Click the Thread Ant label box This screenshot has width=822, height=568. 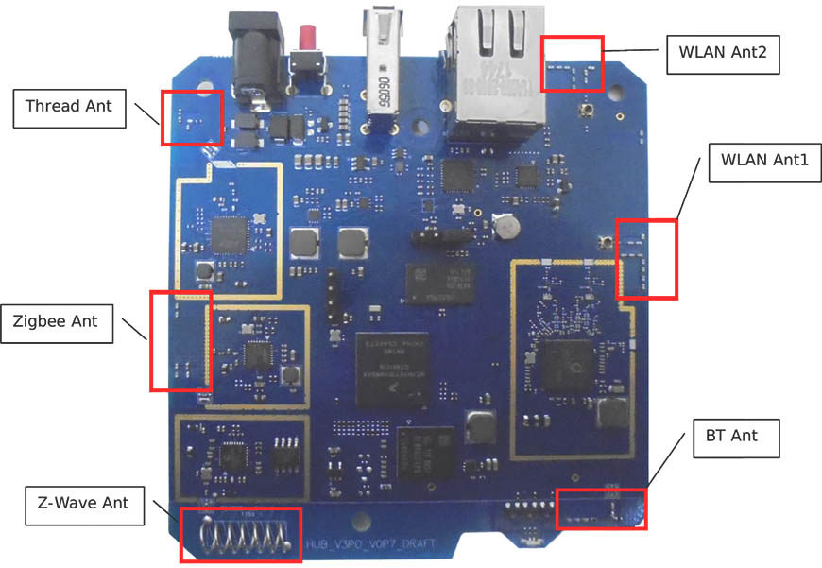click(x=68, y=107)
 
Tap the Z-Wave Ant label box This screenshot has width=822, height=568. click(x=84, y=505)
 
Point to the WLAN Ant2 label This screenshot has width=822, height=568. click(x=722, y=55)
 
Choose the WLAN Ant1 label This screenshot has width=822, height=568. click(x=764, y=161)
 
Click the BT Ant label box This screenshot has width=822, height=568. click(x=731, y=436)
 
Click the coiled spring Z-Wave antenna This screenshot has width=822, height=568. click(x=242, y=536)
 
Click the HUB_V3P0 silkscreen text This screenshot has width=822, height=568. click(x=359, y=545)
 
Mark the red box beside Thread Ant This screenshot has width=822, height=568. click(x=192, y=118)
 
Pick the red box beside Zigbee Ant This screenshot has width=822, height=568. click(x=181, y=341)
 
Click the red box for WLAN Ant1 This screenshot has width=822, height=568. click(x=647, y=259)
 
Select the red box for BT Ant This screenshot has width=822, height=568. click(x=602, y=508)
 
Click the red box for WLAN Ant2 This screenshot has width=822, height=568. click(x=572, y=64)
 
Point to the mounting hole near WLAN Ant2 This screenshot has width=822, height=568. click(x=618, y=95)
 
